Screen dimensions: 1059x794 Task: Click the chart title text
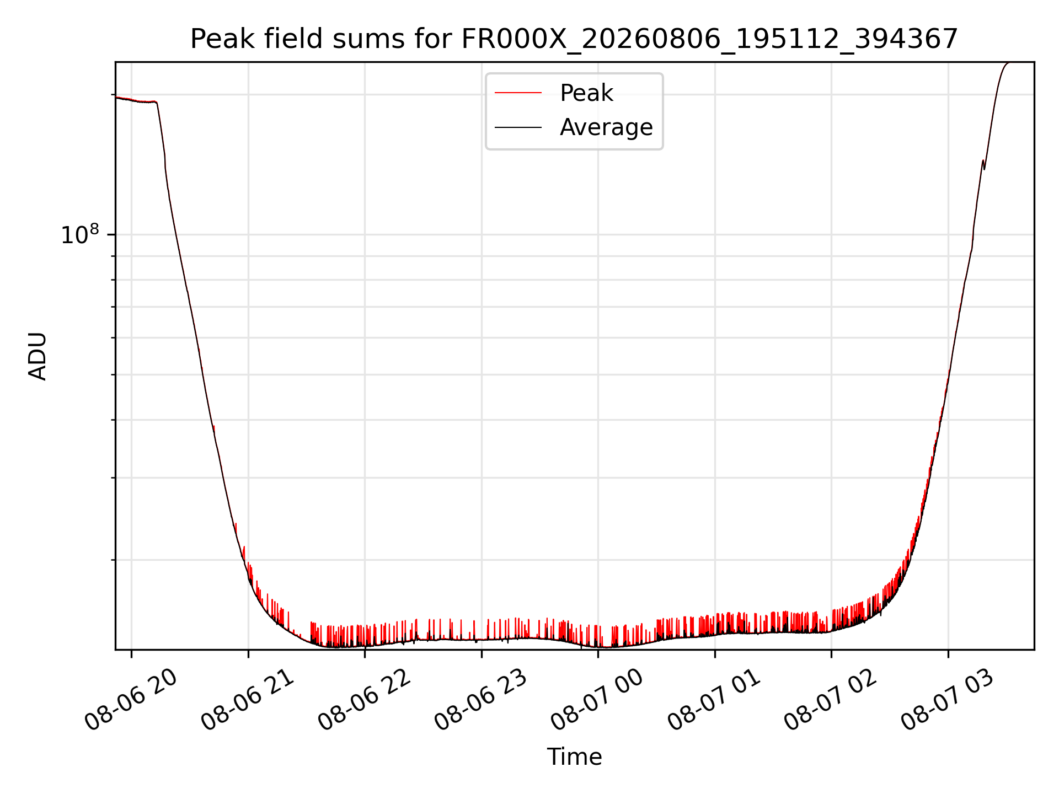click(574, 39)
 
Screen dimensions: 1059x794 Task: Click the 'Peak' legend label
click(586, 93)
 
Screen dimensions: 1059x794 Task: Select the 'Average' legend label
click(606, 127)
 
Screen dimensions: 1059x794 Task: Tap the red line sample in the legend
click(518, 93)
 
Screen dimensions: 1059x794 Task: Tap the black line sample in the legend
click(518, 127)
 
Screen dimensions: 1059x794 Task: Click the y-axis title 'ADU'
click(38, 356)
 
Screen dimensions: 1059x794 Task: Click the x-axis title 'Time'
click(574, 757)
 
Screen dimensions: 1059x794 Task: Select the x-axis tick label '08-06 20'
click(132, 700)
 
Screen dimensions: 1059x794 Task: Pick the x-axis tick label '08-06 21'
click(248, 700)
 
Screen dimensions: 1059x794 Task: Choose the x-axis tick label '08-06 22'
click(365, 700)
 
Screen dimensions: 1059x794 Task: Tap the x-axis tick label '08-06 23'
click(482, 700)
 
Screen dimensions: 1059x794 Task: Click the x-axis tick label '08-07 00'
click(598, 700)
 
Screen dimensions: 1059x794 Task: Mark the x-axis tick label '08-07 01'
click(715, 700)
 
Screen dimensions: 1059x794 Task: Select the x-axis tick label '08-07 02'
click(832, 700)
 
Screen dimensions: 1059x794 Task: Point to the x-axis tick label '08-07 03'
click(949, 700)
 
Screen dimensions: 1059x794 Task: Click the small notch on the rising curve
click(984, 165)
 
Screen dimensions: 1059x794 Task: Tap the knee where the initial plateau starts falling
click(157, 103)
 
